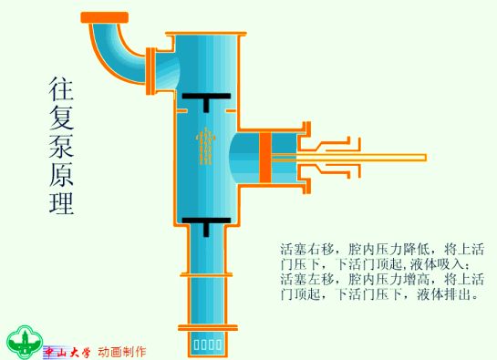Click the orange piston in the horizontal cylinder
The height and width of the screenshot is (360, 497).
(x=265, y=158)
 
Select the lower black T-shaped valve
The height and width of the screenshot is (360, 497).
(x=206, y=223)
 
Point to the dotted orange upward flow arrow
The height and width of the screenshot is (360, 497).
(x=206, y=147)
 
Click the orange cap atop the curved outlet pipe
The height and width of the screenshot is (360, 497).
(x=105, y=17)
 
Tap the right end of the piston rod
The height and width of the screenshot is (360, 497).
(x=425, y=158)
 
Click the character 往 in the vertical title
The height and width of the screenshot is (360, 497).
(x=61, y=88)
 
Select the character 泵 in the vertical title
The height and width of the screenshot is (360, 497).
(x=61, y=146)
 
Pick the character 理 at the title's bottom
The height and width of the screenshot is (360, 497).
(x=61, y=202)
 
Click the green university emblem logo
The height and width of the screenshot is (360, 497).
(x=25, y=343)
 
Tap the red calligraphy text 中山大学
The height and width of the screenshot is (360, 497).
(x=67, y=352)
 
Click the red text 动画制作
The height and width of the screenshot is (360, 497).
(x=122, y=352)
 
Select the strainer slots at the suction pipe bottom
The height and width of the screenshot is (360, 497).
(x=208, y=345)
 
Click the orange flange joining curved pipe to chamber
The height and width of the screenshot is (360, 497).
(x=150, y=71)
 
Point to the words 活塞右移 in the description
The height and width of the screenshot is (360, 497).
(x=307, y=250)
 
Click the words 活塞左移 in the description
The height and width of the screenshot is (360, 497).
(x=307, y=279)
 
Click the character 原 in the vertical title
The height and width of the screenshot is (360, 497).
(x=61, y=174)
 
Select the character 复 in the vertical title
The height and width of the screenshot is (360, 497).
(x=61, y=117)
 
